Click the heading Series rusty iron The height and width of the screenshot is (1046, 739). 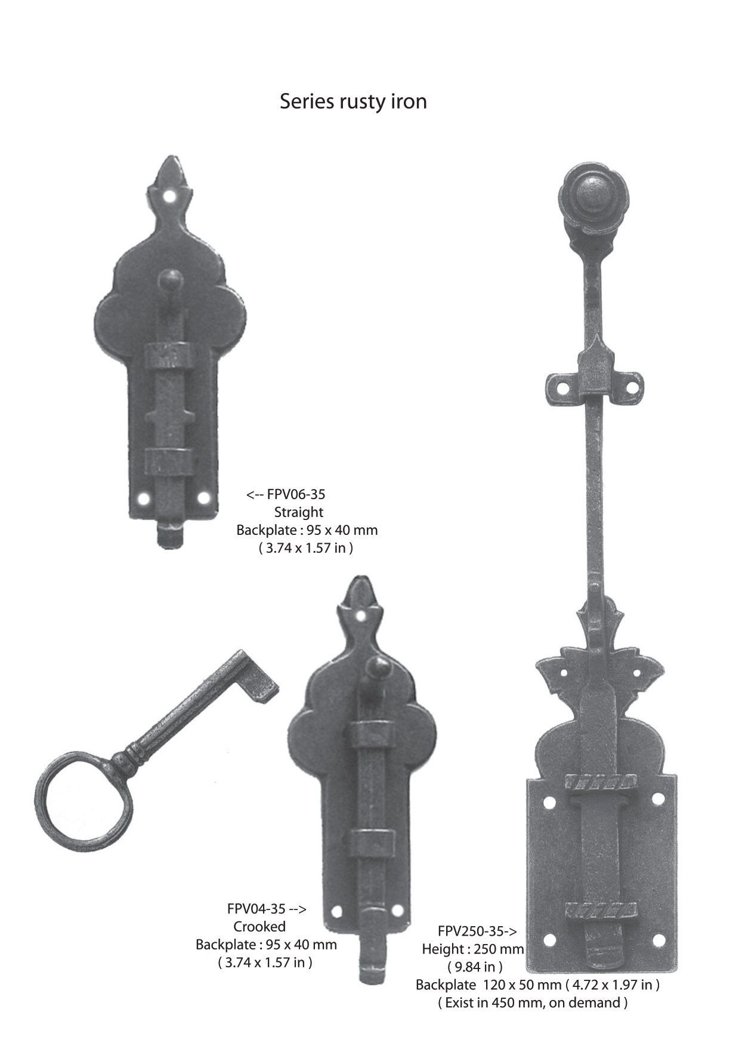(x=353, y=101)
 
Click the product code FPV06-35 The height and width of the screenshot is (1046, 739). (x=296, y=494)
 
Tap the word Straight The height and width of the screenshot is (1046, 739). (x=299, y=512)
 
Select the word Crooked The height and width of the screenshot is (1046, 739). (x=259, y=927)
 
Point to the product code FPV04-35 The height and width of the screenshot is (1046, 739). (x=256, y=909)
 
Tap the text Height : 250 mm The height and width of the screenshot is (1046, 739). (x=473, y=949)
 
